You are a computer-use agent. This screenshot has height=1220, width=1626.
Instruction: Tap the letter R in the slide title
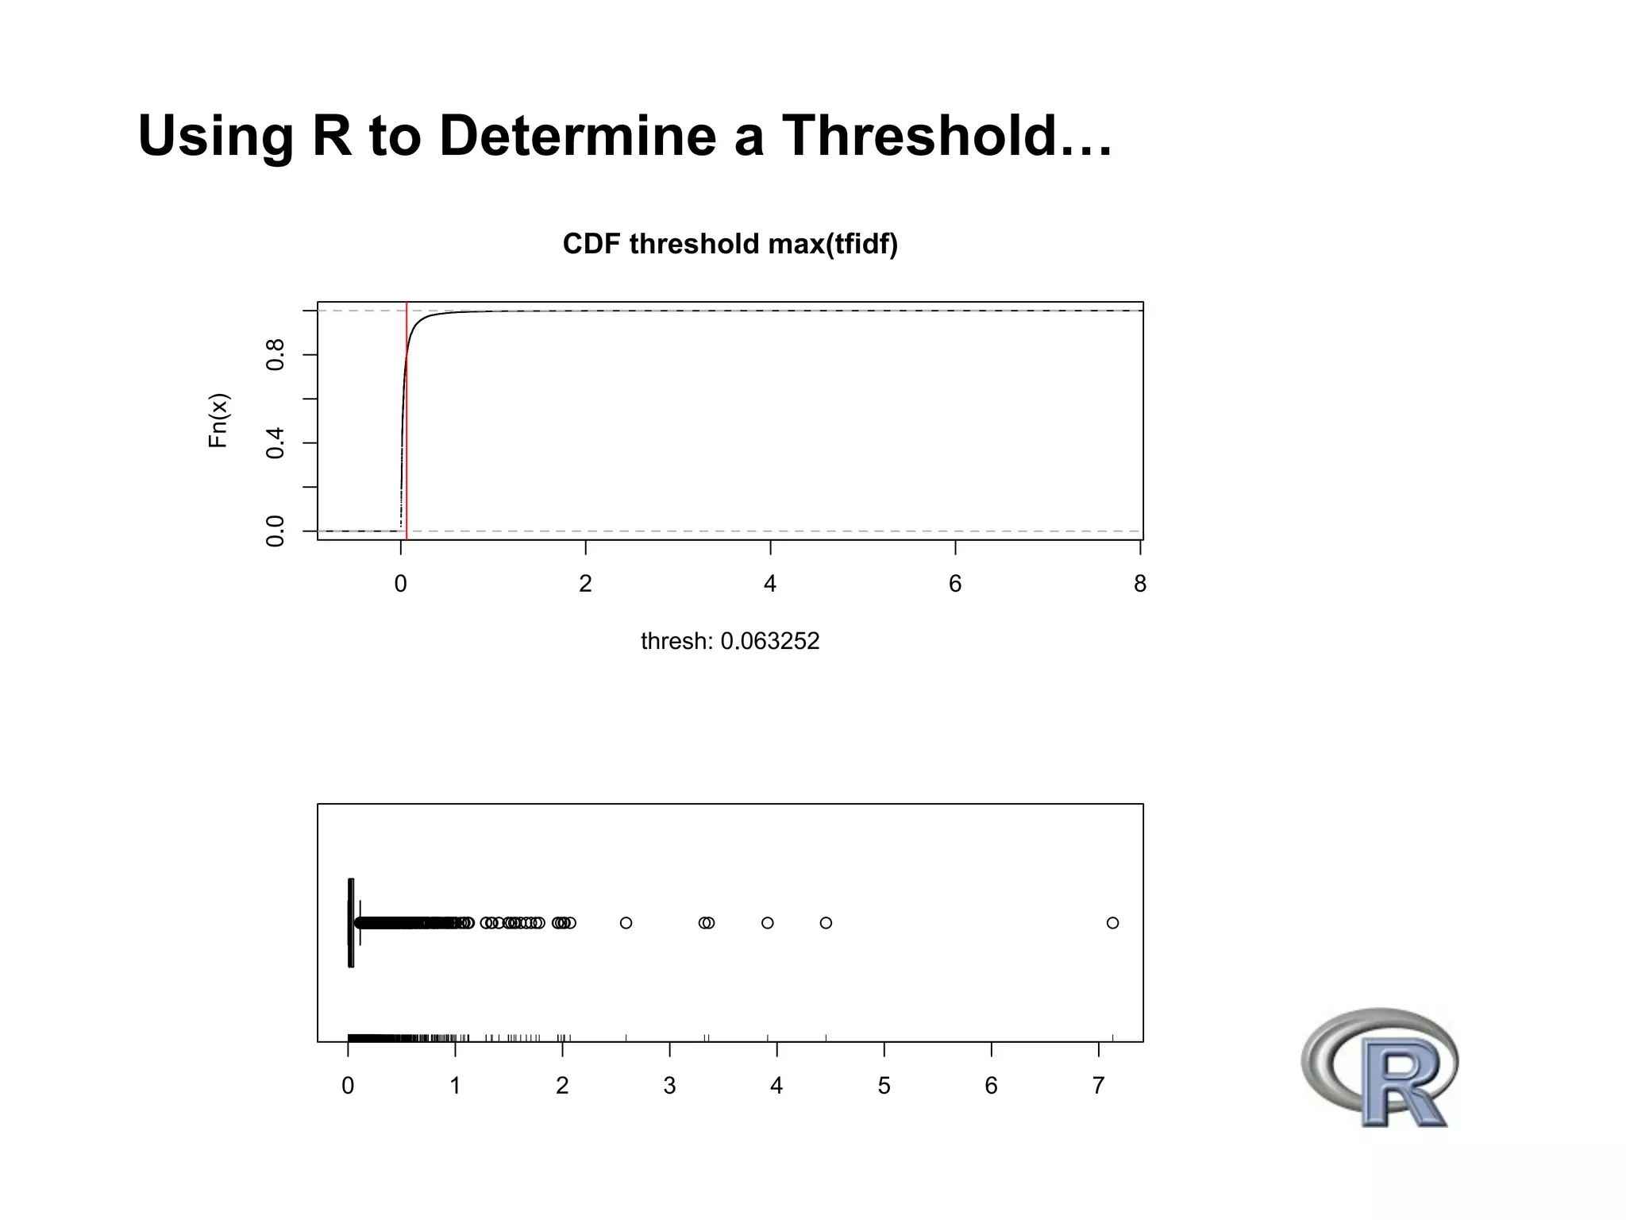coord(332,136)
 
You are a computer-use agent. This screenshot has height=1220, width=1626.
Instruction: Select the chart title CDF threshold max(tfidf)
coord(730,244)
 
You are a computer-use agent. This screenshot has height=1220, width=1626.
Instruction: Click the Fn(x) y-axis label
coord(218,420)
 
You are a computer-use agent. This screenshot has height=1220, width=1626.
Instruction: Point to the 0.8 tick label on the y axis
coord(275,354)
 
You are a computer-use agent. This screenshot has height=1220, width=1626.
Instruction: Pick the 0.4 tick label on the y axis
coord(275,442)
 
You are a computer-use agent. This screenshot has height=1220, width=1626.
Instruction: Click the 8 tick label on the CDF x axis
coord(1140,585)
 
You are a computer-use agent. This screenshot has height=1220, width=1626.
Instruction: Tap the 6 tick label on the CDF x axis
coord(955,585)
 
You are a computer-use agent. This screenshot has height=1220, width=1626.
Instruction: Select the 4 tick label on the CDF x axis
coord(770,585)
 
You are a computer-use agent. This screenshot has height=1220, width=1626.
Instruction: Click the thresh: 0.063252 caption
coord(730,641)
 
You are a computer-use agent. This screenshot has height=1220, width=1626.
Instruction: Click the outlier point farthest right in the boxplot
coord(1112,923)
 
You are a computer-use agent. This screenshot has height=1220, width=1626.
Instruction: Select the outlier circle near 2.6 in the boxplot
coord(626,923)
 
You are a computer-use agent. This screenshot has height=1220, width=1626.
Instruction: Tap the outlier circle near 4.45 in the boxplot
coord(826,923)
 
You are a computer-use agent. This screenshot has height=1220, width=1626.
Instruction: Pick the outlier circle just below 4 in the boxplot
coord(767,923)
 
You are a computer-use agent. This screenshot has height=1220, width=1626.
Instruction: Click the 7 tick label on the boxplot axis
coord(1099,1086)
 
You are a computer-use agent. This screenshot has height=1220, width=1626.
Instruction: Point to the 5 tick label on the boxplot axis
coord(884,1086)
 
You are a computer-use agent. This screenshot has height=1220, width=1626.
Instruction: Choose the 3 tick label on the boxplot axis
coord(669,1086)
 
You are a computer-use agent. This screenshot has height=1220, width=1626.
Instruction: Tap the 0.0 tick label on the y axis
coord(275,531)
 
